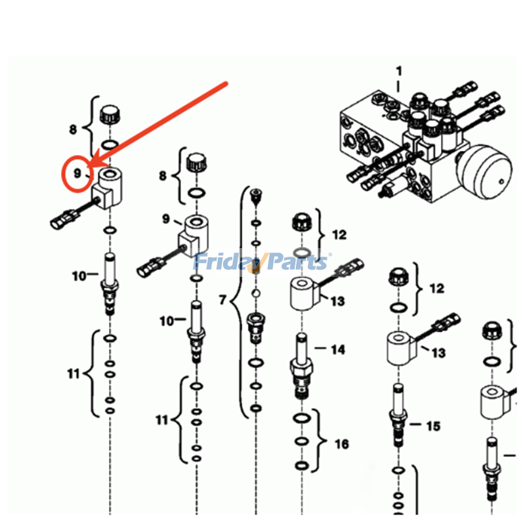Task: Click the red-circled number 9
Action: coord(77,173)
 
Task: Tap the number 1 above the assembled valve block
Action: coord(398,71)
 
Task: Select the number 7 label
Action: coord(222,300)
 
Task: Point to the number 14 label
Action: coord(338,350)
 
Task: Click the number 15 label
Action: coord(433,426)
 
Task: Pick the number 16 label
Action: coord(342,444)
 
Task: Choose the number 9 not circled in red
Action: coord(166,219)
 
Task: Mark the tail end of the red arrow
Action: coord(226,83)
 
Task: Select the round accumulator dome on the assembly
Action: coord(484,172)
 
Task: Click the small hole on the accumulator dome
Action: coord(501,182)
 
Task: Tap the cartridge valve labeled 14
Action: coord(301,366)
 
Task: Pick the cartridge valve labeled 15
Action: coord(398,415)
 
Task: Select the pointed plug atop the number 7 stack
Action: coord(256,197)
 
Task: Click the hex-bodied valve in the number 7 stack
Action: coord(256,328)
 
